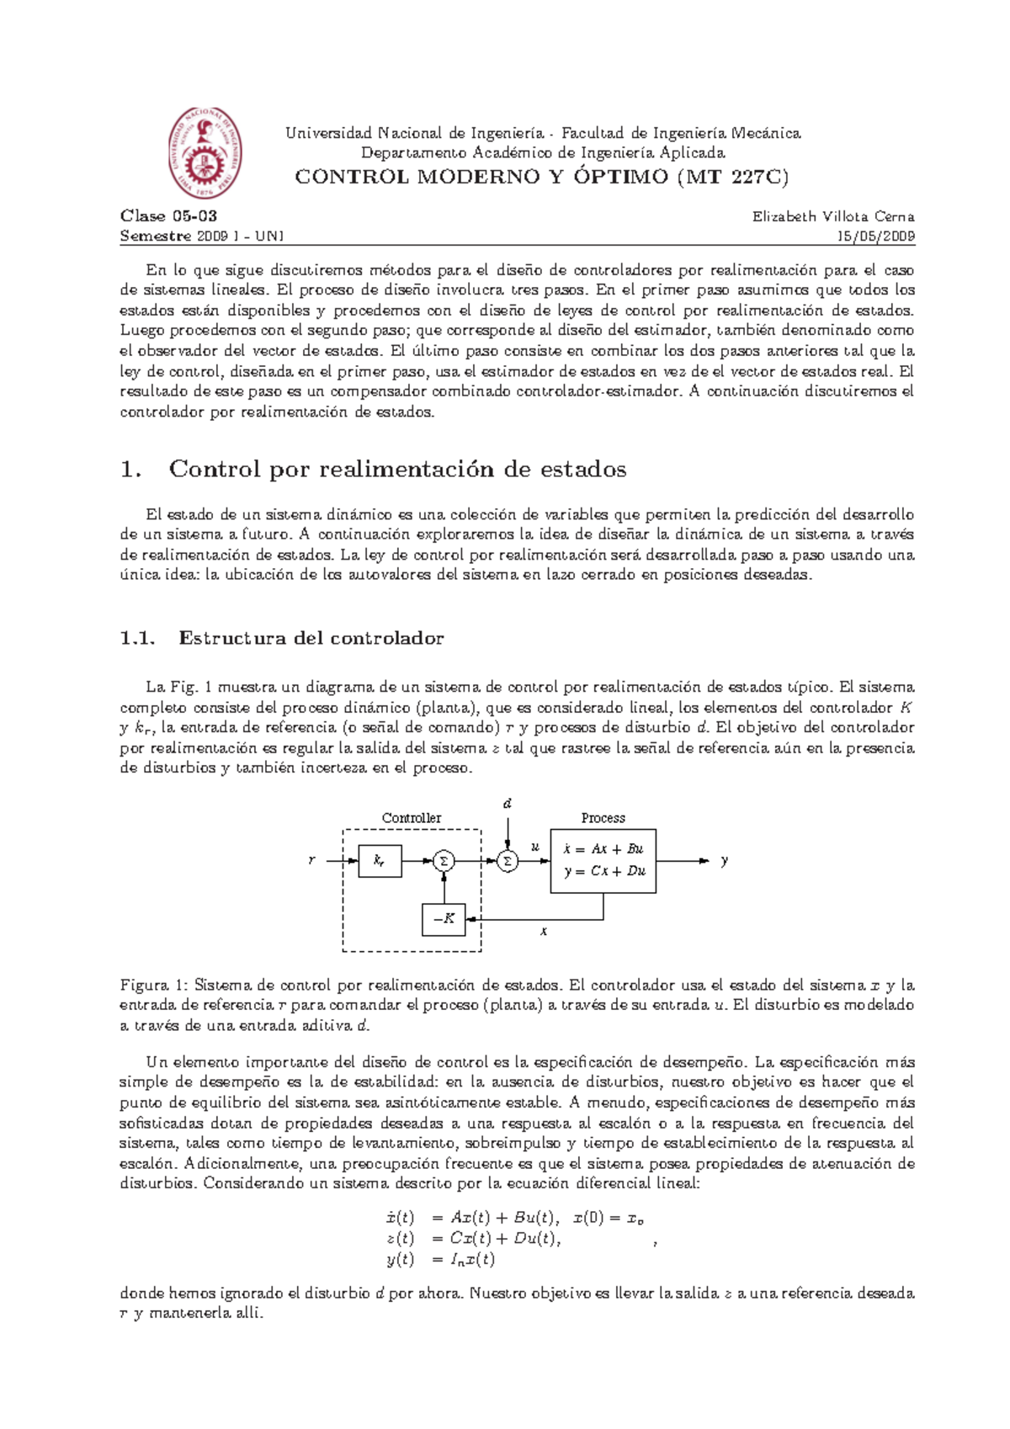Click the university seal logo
tap(205, 153)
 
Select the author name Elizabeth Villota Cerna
tap(832, 216)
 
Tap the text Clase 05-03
tap(168, 216)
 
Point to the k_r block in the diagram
tap(380, 861)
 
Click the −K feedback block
tap(443, 919)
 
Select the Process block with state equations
tap(603, 861)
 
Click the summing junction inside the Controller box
tap(444, 861)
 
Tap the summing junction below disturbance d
tap(507, 861)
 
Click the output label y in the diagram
tap(724, 861)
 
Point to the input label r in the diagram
tap(312, 861)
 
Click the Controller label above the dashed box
tap(411, 818)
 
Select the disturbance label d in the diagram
tap(508, 804)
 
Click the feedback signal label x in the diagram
tap(544, 932)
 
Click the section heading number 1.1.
tap(137, 639)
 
